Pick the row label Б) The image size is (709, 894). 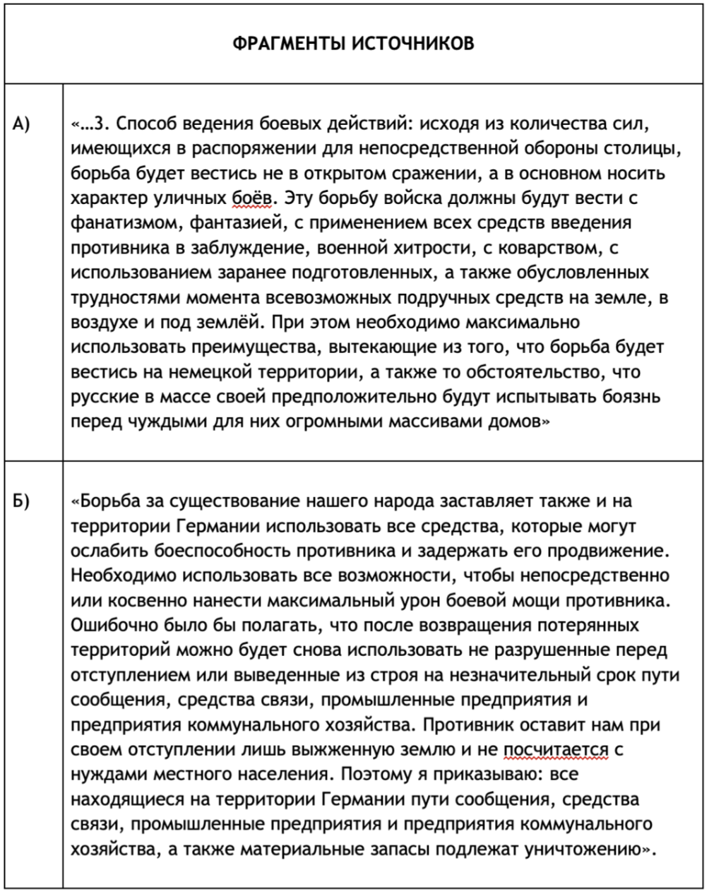(22, 502)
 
